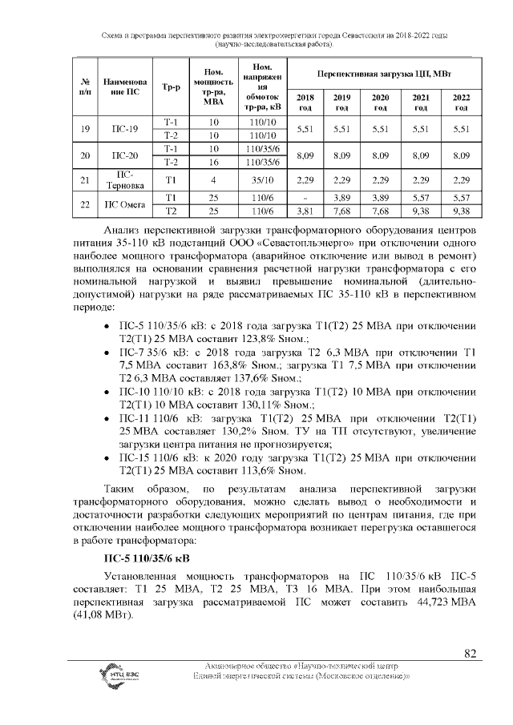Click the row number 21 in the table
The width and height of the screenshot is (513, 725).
coord(85,181)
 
